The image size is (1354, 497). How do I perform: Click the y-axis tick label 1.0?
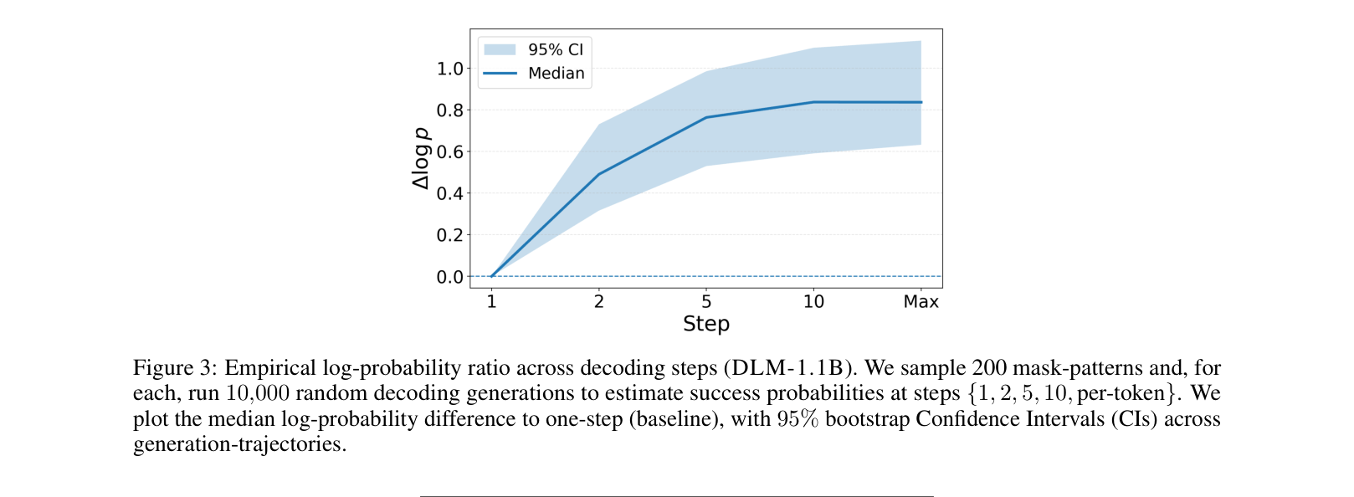(x=449, y=69)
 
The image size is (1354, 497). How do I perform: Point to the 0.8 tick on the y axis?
(x=449, y=110)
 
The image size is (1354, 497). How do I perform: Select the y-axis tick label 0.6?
(x=449, y=152)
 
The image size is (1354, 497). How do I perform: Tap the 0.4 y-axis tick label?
(x=449, y=193)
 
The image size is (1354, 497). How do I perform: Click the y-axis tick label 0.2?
(x=449, y=235)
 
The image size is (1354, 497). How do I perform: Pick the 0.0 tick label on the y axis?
(x=449, y=277)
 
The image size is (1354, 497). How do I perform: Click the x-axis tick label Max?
(x=921, y=302)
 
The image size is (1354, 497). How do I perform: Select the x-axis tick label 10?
(x=813, y=302)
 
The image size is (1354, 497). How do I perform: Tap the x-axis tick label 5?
(x=706, y=302)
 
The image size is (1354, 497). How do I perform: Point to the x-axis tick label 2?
(x=599, y=302)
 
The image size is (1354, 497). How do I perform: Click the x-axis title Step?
(x=706, y=325)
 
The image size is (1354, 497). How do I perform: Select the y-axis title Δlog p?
(x=421, y=158)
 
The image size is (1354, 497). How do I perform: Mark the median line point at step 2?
(x=599, y=174)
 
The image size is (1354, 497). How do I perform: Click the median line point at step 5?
(x=706, y=117)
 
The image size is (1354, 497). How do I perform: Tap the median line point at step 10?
(x=813, y=102)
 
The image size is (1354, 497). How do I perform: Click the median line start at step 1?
(x=492, y=276)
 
